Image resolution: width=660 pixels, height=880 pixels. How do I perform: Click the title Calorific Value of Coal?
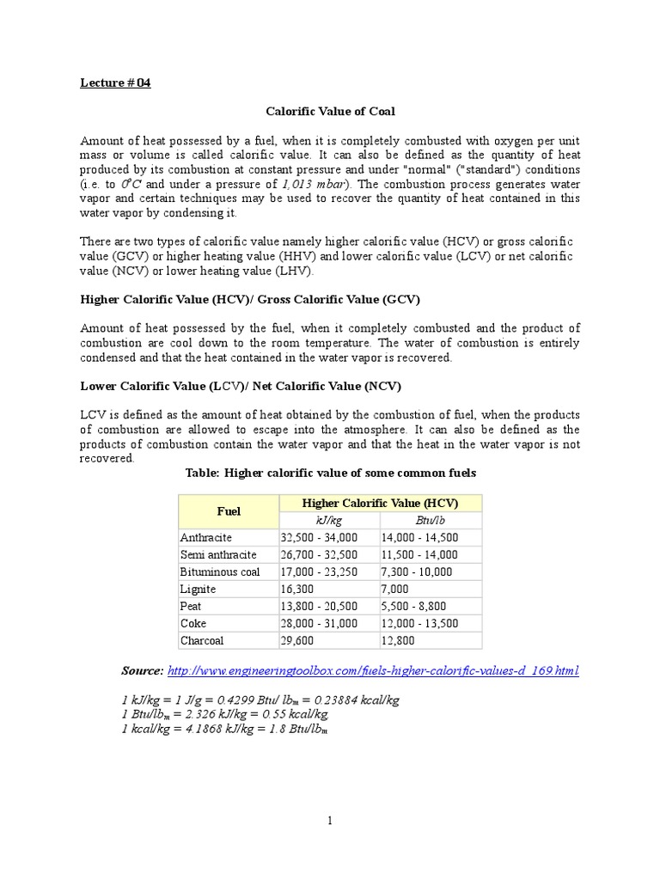329,112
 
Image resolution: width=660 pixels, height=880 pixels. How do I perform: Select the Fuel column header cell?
229,511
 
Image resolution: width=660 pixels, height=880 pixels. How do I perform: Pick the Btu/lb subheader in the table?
431,521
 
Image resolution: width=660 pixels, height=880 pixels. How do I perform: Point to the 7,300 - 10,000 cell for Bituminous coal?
421,571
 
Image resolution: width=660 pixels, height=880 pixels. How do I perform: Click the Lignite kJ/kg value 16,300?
300,589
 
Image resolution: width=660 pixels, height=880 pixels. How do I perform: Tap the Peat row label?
192,606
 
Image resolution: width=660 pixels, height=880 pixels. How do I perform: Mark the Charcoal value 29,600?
300,640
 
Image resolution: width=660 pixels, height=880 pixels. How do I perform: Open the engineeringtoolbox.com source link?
374,670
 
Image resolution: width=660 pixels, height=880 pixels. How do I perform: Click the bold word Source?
142,670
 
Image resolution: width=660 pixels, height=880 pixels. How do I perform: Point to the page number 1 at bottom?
329,821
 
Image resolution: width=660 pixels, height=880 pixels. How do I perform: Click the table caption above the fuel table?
331,474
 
